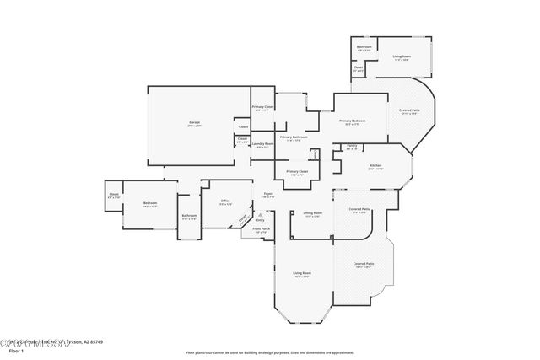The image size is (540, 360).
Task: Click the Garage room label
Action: pyautogui.click(x=193, y=125)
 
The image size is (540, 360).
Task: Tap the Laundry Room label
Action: pyautogui.click(x=263, y=144)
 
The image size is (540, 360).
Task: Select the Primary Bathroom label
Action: pyautogui.click(x=294, y=137)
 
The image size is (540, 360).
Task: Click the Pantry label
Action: pyautogui.click(x=352, y=147)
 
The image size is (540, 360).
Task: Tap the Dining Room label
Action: pyautogui.click(x=313, y=213)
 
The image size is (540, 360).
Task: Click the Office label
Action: pyautogui.click(x=225, y=201)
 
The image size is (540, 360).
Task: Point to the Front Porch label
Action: pyautogui.click(x=262, y=229)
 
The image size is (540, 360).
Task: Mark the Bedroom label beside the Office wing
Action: pyautogui.click(x=149, y=203)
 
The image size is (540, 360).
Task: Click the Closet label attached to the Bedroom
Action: pyautogui.click(x=113, y=195)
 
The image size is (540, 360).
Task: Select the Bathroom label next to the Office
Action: pyautogui.click(x=189, y=216)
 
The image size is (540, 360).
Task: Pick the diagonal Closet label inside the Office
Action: pyautogui.click(x=244, y=218)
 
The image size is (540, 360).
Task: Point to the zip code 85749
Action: pyautogui.click(x=94, y=341)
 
